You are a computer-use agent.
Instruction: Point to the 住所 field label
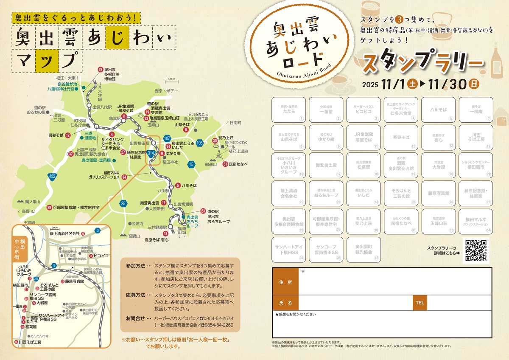pos(286,282)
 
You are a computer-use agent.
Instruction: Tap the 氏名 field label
pos(286,303)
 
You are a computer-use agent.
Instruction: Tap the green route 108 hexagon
pos(199,143)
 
